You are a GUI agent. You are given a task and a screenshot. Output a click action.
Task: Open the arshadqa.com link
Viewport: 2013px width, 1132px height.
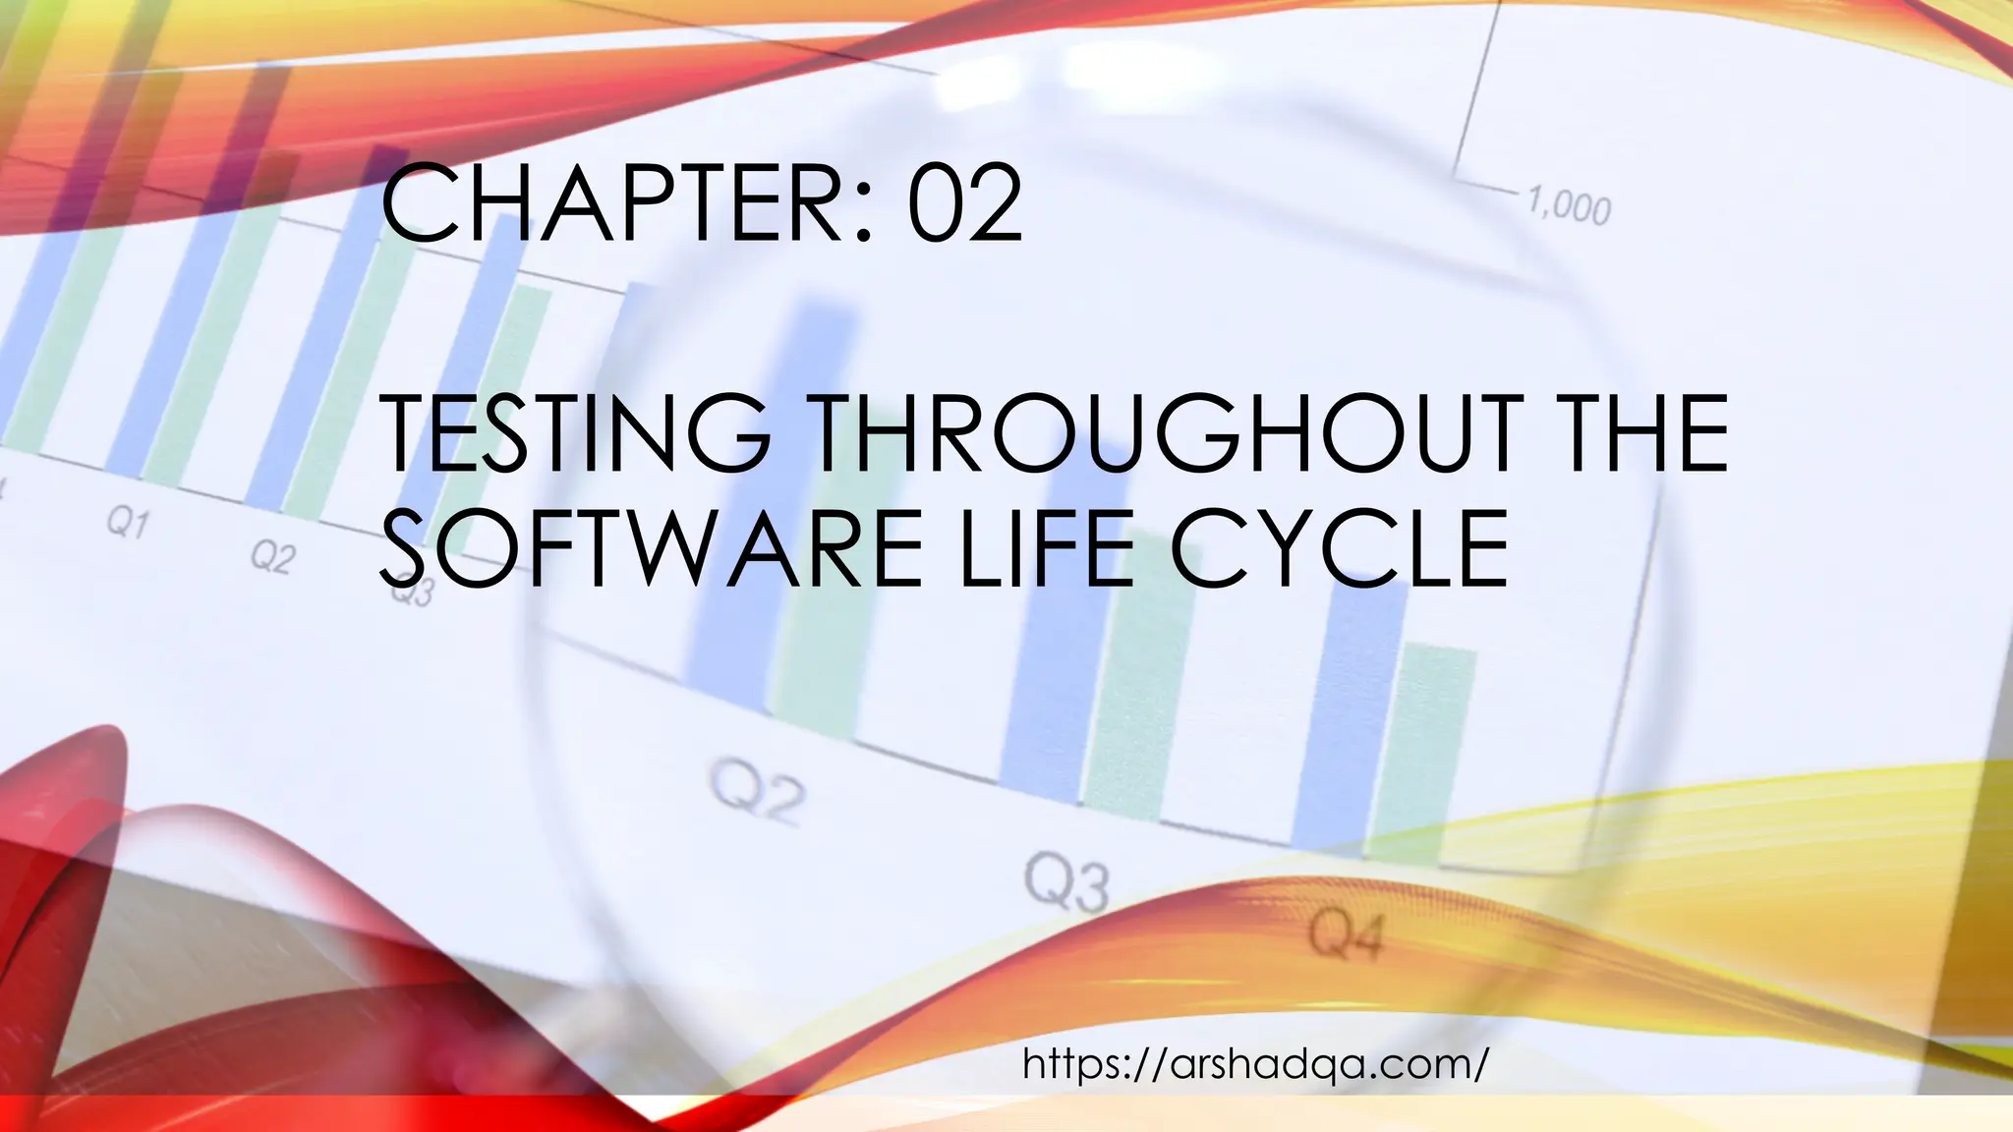click(x=1255, y=1063)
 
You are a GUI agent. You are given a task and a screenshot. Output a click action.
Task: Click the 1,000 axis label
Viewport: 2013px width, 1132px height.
click(x=1568, y=206)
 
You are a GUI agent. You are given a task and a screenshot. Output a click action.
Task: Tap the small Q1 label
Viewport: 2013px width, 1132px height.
click(x=128, y=523)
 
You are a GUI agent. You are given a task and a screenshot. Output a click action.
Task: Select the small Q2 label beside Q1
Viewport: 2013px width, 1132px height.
click(x=271, y=557)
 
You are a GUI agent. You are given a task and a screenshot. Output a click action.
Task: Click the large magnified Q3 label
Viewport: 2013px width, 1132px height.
click(x=1066, y=883)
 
